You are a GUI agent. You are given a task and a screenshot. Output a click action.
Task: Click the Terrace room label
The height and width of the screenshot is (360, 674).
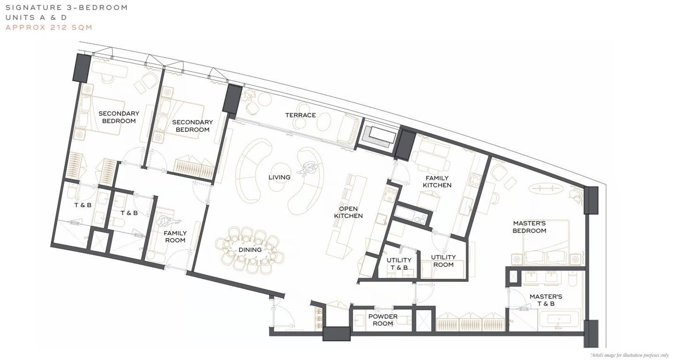pyautogui.click(x=300, y=115)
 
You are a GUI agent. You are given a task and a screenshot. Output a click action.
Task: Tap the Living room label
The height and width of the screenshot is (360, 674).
pyautogui.click(x=280, y=178)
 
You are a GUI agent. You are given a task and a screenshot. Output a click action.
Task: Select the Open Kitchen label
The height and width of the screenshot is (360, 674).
pyautogui.click(x=348, y=212)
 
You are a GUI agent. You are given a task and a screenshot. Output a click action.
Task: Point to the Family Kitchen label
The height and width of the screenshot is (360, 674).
pyautogui.click(x=437, y=182)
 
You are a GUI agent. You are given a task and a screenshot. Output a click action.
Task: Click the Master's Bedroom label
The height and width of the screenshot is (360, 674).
pyautogui.click(x=529, y=227)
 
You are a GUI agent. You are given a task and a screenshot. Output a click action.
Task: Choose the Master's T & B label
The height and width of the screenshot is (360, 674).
pyautogui.click(x=546, y=300)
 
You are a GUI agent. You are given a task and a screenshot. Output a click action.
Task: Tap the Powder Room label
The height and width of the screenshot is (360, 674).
pyautogui.click(x=383, y=320)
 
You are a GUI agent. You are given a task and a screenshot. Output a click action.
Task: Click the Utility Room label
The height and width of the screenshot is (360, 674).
pyautogui.click(x=443, y=261)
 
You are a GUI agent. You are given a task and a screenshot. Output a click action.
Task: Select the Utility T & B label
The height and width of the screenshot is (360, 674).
pyautogui.click(x=399, y=264)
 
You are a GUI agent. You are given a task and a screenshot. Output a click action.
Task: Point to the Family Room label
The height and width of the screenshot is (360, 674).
pyautogui.click(x=175, y=237)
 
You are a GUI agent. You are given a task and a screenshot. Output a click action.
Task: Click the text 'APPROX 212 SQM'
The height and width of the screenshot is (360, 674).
pyautogui.click(x=49, y=27)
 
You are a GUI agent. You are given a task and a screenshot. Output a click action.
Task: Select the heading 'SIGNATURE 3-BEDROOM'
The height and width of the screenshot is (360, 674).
pyautogui.click(x=67, y=7)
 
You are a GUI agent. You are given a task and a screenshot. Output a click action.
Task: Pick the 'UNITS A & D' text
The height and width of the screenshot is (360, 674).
pyautogui.click(x=36, y=17)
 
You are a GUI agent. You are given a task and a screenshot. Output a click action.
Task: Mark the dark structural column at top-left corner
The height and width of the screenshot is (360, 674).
pyautogui.click(x=82, y=67)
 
